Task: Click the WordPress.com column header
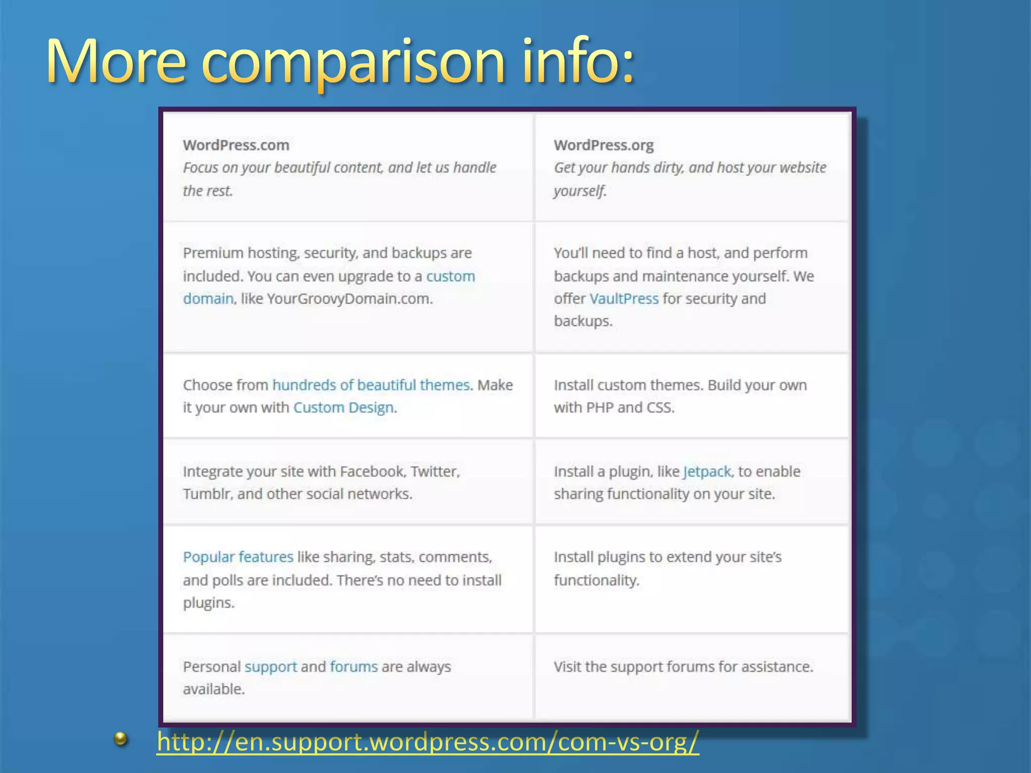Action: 236,145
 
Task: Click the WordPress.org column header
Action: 604,145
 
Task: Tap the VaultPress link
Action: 624,299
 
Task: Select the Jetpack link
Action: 707,472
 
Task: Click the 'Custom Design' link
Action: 343,408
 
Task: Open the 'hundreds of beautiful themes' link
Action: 371,385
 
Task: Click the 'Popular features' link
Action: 238,557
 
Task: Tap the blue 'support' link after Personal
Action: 270,667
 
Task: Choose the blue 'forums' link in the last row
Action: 353,667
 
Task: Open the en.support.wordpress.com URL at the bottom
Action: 428,742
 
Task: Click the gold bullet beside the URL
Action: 120,739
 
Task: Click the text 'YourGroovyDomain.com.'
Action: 350,299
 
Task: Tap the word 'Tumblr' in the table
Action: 206,494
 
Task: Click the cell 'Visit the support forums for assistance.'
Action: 683,667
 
